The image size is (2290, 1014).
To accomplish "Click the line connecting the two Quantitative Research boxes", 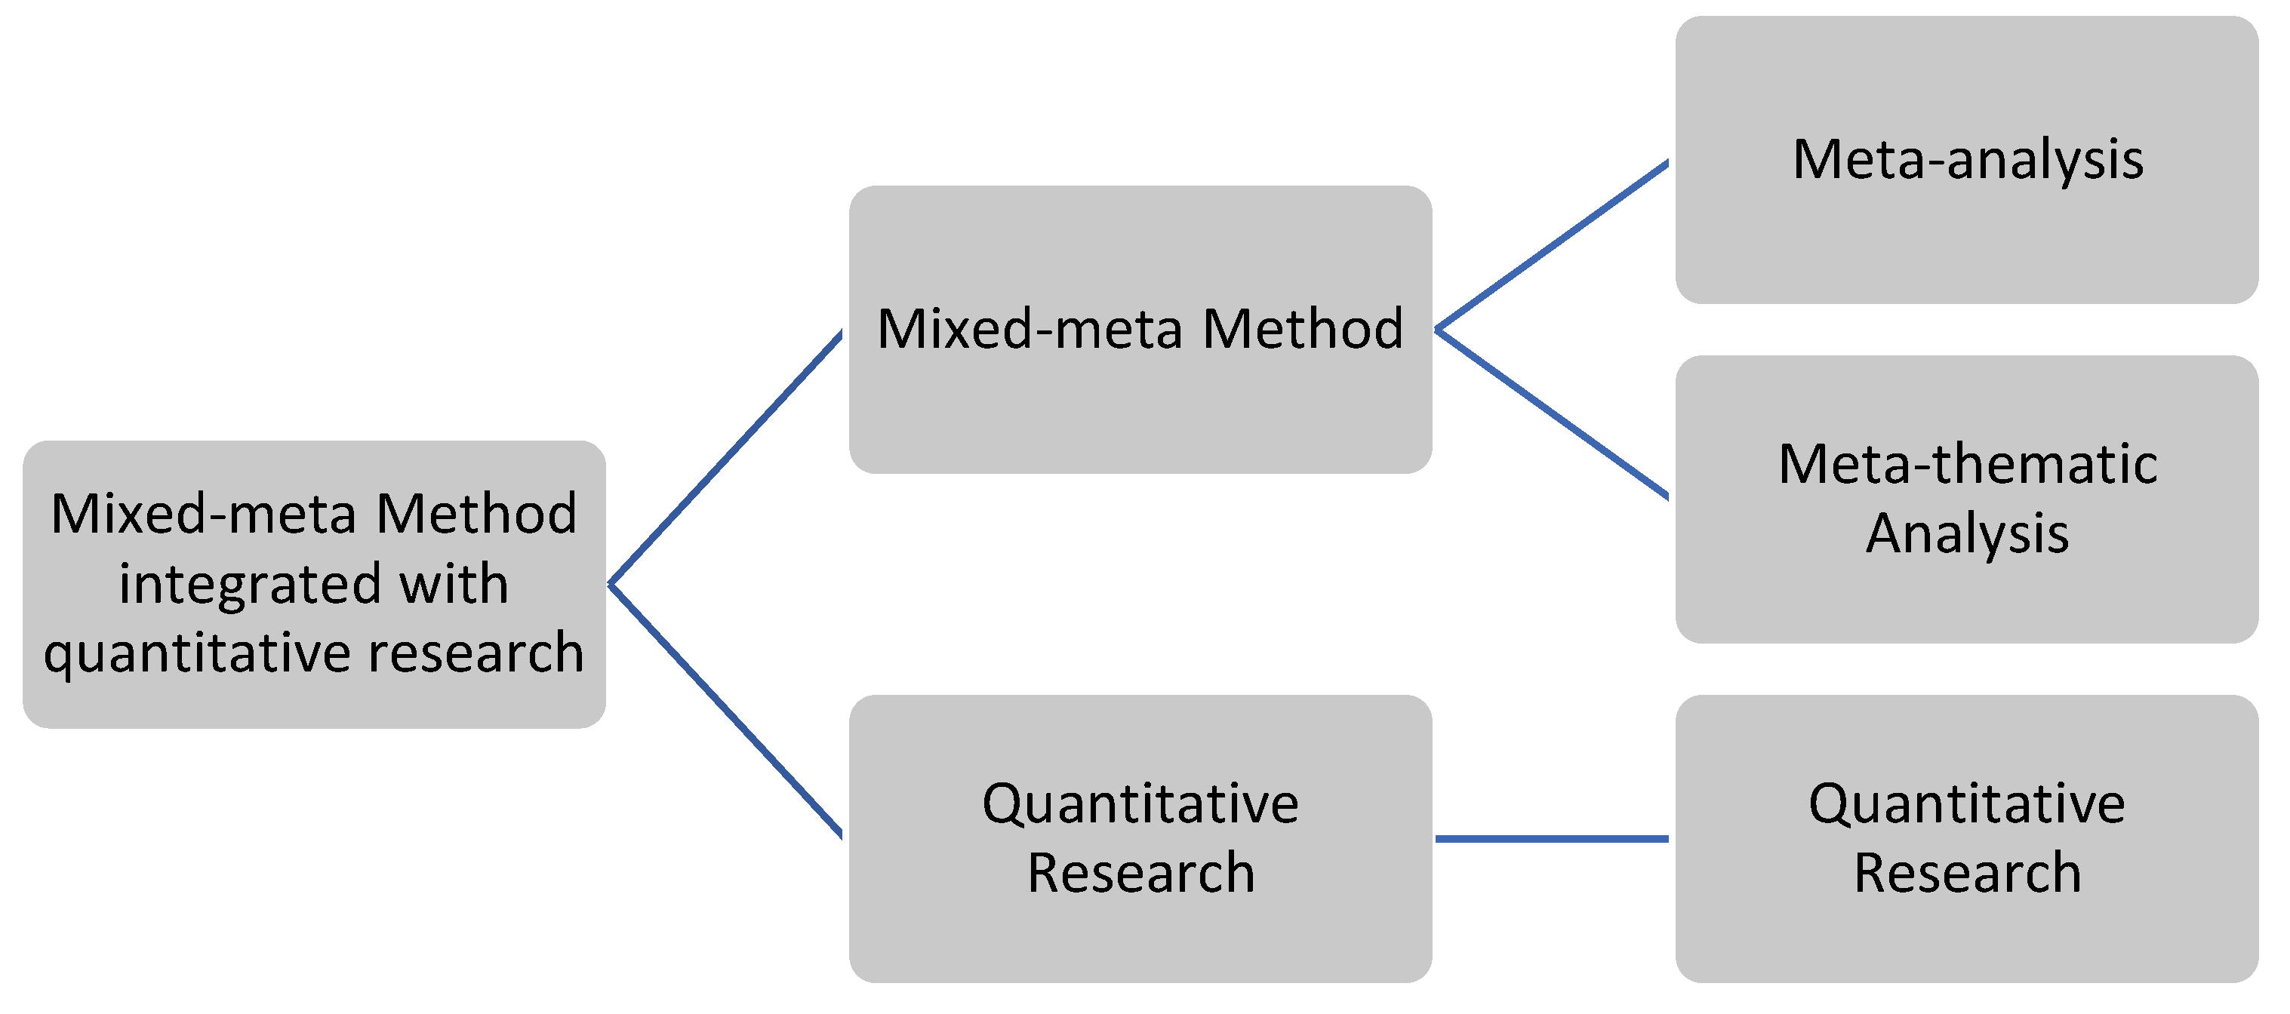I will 1551,838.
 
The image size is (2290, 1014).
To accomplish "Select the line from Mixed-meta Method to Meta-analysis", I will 1551,245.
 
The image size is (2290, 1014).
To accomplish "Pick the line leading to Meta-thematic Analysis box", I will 1551,413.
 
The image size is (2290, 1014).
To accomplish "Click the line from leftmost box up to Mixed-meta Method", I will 725,459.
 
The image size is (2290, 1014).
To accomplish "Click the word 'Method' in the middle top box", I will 1302,329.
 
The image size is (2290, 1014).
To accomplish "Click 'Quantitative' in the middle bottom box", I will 1140,804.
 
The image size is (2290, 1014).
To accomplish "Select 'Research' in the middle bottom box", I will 1140,873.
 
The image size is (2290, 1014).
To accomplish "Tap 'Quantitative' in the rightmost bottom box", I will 1966,804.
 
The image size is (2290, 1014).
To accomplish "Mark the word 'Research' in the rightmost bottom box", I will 1966,873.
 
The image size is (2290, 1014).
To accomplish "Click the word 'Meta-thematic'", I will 1967,464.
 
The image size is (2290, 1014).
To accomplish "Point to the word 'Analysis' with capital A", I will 1966,533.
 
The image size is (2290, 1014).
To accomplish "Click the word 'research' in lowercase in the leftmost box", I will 476,653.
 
